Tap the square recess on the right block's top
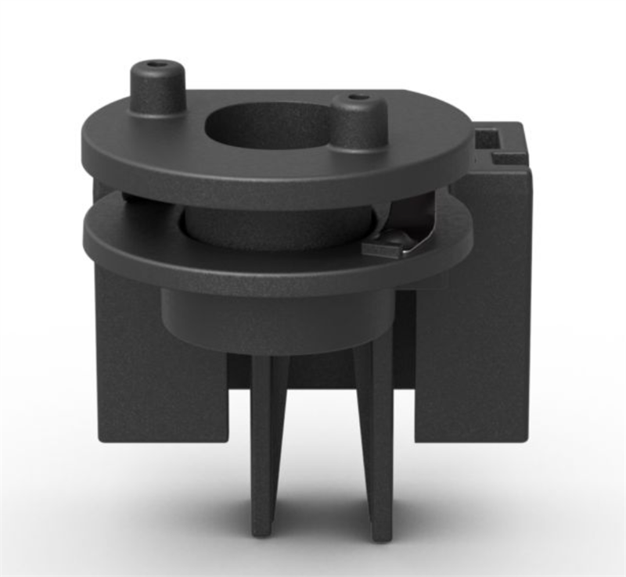pyautogui.click(x=490, y=140)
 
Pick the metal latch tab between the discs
pyautogui.click(x=390, y=243)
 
